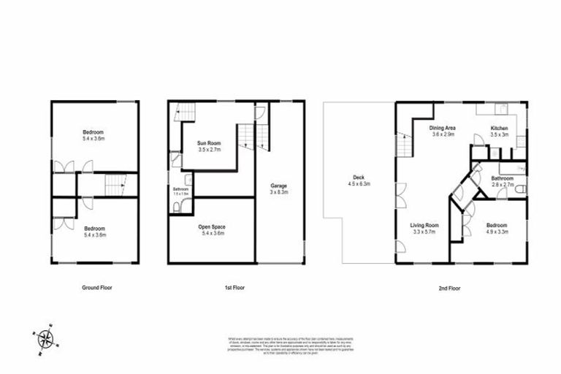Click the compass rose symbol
45,338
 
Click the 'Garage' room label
278,186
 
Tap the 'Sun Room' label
211,142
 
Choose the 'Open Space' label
211,227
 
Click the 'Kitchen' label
499,128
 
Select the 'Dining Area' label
443,128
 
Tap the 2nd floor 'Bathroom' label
502,178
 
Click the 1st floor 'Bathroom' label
180,189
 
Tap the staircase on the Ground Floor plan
114,186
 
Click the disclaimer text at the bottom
280,343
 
